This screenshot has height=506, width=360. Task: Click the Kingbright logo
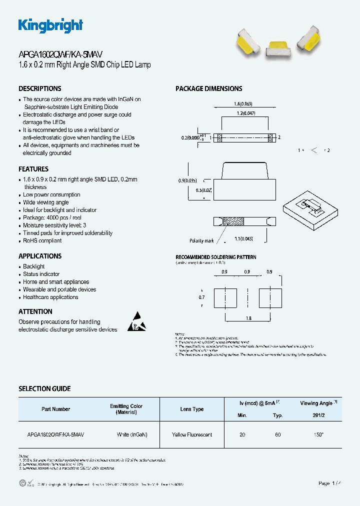point(50,25)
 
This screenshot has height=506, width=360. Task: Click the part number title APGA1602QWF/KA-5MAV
point(60,55)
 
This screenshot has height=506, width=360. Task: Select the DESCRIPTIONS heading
point(40,88)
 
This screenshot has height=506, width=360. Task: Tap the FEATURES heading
point(33,169)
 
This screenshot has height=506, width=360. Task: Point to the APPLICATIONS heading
point(40,256)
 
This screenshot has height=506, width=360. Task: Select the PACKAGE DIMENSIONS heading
point(208,88)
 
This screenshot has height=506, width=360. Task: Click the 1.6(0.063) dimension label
point(243,104)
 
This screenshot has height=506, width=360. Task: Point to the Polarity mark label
point(201,240)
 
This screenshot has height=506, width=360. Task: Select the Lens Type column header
point(192,409)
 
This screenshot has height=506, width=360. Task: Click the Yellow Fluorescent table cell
point(192,435)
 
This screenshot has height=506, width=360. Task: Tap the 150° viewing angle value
point(318,435)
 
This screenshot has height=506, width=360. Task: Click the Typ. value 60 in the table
point(278,435)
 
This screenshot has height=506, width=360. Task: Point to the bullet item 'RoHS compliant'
point(42,240)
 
